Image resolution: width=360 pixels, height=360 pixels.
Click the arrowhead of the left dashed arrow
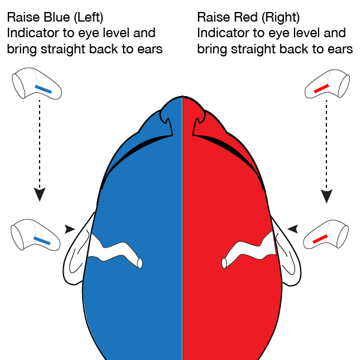coord(40,194)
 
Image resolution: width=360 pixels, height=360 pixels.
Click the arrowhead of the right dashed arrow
coord(327,194)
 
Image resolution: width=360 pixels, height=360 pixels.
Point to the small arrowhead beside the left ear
coord(70,229)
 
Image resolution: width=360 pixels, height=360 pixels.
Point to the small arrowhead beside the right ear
coord(293,229)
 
